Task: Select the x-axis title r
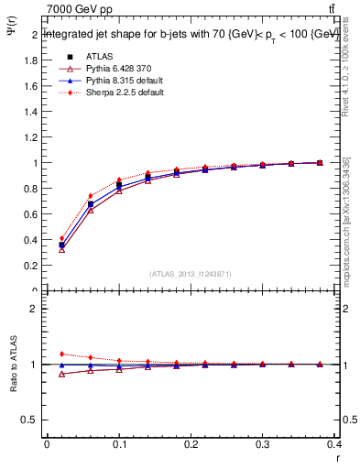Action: click(336, 456)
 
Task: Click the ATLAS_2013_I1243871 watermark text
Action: click(190, 274)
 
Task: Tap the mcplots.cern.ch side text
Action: click(346, 220)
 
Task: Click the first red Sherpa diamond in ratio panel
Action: click(62, 354)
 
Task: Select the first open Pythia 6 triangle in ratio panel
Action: click(62, 374)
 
